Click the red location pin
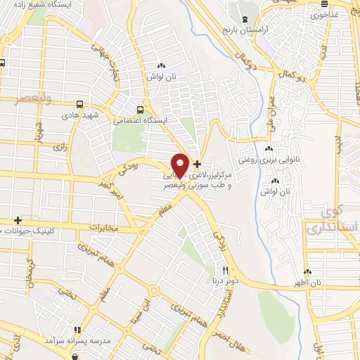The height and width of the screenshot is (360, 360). pos(181,165)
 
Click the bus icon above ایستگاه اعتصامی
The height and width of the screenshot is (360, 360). pos(141,110)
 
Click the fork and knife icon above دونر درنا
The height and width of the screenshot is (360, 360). pos(225,269)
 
